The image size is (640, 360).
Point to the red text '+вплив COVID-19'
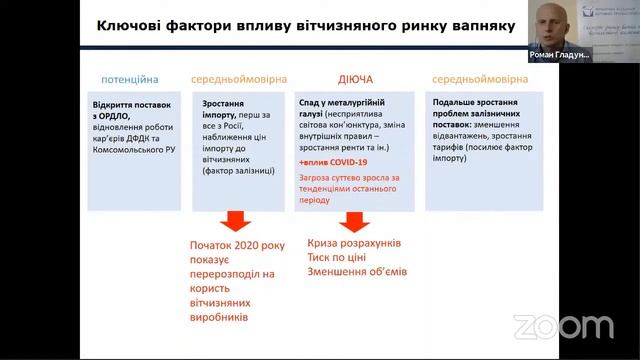[332, 161]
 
